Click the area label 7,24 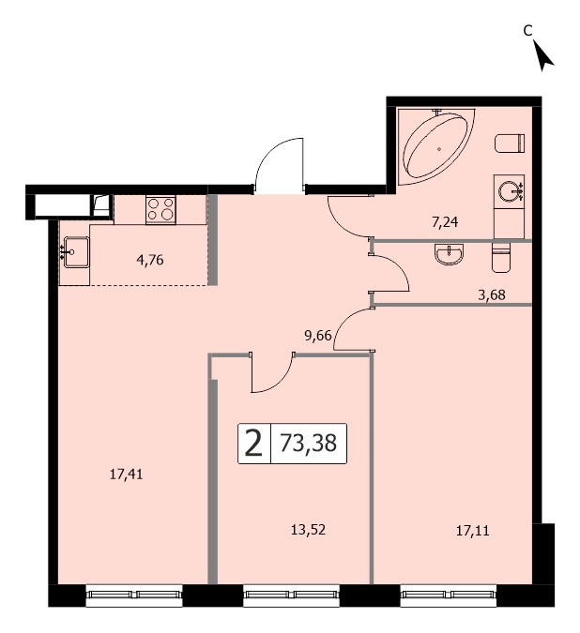(445, 222)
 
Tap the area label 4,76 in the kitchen (150, 260)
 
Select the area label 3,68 (491, 295)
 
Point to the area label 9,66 (318, 336)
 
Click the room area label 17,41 (126, 474)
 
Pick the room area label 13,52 (308, 530)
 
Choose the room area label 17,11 (472, 531)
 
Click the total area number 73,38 (308, 444)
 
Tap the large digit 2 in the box (253, 444)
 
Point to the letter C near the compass (527, 30)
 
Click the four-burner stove (160, 209)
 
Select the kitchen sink (75, 252)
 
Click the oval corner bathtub (435, 145)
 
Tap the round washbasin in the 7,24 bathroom (508, 191)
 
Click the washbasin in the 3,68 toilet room (449, 254)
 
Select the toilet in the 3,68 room (501, 257)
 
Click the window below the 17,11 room (449, 595)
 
